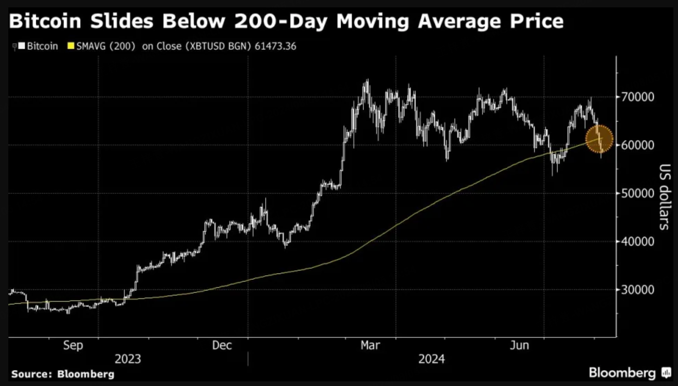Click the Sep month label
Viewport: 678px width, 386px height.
click(x=73, y=345)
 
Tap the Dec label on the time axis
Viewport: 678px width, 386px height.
click(x=222, y=345)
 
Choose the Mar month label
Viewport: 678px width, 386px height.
click(x=370, y=345)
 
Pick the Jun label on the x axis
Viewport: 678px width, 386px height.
click(x=520, y=345)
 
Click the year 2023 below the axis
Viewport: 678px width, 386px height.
click(x=128, y=359)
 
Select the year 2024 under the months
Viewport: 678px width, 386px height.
click(x=432, y=359)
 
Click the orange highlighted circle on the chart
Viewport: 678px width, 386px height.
click(x=599, y=139)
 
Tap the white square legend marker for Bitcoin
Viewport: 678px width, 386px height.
click(x=22, y=46)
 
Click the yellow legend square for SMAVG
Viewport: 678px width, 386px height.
click(x=71, y=46)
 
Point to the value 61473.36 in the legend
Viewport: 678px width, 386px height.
click(x=275, y=46)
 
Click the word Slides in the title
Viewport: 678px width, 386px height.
click(x=121, y=21)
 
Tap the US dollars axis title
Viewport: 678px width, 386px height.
click(x=665, y=197)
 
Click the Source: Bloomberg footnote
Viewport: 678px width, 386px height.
click(x=63, y=374)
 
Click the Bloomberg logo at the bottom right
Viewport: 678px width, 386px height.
click(x=630, y=373)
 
